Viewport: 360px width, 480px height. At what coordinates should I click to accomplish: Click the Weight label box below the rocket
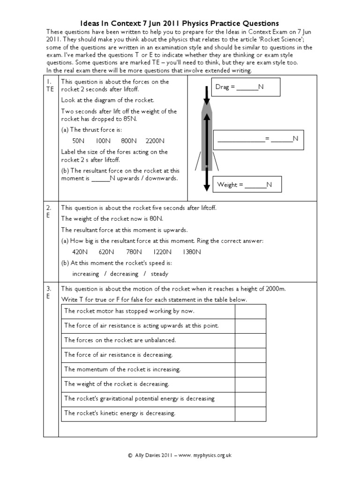(247, 185)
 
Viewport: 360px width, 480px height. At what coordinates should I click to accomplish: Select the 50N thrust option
(78, 141)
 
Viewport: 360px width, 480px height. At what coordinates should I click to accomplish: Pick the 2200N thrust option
(155, 141)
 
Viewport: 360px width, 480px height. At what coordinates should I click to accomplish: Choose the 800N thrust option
(128, 141)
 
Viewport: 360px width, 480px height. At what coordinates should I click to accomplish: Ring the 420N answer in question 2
(80, 252)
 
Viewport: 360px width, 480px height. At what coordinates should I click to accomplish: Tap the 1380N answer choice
(192, 252)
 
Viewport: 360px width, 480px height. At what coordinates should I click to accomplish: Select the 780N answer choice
(134, 252)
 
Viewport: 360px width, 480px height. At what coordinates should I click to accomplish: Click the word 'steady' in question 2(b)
(159, 274)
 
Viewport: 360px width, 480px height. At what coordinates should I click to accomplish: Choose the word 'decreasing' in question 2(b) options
(124, 274)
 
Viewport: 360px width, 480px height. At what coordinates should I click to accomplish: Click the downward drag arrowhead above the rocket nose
(207, 101)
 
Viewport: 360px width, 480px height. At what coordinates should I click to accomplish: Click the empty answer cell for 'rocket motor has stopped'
(250, 311)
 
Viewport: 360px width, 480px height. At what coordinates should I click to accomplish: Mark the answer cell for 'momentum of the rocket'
(250, 369)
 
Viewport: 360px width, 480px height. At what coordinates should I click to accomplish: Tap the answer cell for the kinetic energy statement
(250, 413)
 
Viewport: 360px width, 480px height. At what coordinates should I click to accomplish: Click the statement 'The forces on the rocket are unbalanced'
(120, 340)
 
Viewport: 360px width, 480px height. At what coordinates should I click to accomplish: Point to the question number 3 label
(49, 289)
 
